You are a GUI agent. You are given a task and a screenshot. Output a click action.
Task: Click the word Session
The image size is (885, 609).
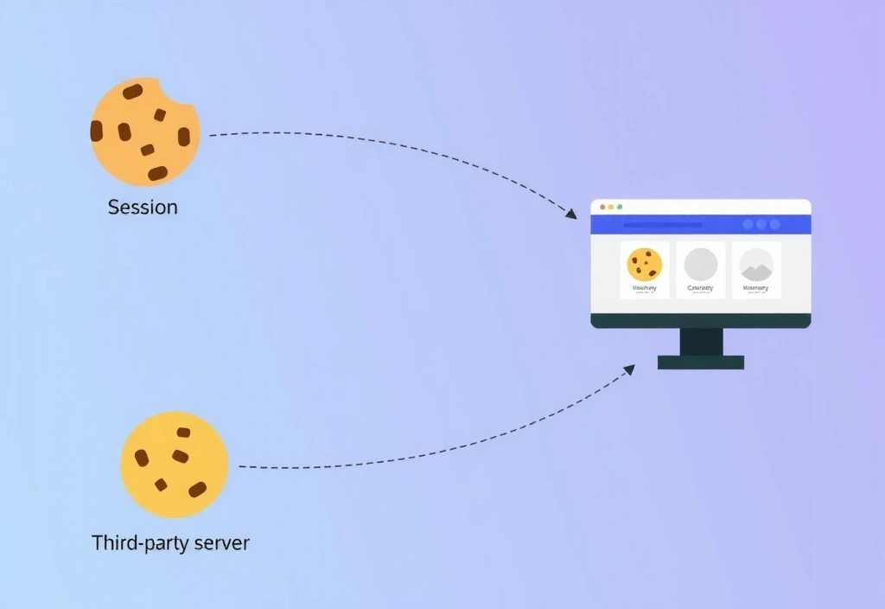(x=143, y=208)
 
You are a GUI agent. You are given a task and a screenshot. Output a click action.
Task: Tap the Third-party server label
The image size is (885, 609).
(x=170, y=543)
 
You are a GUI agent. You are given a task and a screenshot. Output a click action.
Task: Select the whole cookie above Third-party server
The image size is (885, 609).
(x=174, y=465)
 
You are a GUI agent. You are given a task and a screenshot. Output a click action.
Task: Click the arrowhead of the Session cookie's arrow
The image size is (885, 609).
(x=570, y=214)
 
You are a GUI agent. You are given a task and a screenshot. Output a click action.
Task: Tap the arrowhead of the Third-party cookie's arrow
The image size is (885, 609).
(x=628, y=369)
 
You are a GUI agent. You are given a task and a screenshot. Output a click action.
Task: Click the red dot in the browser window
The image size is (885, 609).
(x=602, y=207)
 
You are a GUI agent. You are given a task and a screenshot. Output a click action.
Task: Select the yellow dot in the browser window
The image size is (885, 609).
(x=611, y=207)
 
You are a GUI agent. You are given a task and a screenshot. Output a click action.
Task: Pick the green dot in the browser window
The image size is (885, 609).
(x=620, y=207)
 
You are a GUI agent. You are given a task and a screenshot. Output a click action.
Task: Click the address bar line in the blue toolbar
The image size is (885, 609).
(x=662, y=225)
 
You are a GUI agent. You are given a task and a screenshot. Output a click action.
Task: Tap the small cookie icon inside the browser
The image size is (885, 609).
(x=644, y=264)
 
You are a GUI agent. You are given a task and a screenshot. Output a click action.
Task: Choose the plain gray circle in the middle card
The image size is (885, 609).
(x=701, y=264)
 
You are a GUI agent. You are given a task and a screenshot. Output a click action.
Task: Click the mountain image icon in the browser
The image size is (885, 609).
(x=756, y=264)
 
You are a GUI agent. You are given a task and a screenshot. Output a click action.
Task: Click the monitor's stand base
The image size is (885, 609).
(x=700, y=362)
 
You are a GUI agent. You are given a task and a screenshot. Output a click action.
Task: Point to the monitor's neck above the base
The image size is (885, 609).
(x=701, y=342)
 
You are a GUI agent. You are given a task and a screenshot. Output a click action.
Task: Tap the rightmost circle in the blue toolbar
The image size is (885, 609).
(x=774, y=224)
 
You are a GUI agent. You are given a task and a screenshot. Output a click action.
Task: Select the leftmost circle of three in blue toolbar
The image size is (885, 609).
(x=748, y=224)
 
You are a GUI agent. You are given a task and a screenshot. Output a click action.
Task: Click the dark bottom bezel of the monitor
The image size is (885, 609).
(x=700, y=321)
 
